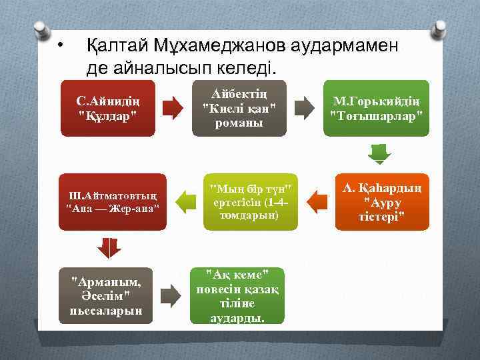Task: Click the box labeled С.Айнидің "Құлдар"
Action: [107, 108]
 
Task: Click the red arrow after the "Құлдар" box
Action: [173, 107]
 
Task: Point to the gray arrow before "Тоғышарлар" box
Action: [304, 107]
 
